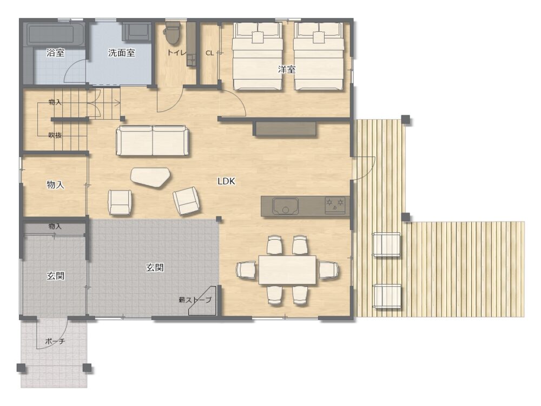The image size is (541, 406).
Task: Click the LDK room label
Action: (226, 181)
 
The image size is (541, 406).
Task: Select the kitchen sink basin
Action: (285, 206)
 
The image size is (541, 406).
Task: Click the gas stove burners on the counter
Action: (335, 205)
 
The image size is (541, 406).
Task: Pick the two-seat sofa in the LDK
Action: (153, 141)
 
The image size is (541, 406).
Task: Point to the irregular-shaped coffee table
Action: (150, 178)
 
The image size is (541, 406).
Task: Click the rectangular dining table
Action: (287, 270)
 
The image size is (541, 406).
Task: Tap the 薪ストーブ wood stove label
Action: (195, 300)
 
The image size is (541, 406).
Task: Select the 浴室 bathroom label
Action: (56, 53)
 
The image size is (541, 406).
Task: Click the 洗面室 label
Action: (121, 53)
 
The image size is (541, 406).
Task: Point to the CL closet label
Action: (210, 53)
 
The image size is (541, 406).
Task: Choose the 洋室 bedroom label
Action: (287, 69)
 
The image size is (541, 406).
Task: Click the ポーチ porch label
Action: (55, 341)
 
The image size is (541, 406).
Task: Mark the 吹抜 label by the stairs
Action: (55, 135)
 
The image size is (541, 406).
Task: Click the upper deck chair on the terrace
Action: (386, 245)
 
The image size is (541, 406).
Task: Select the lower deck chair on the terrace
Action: (387, 297)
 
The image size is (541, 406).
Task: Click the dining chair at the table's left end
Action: (246, 269)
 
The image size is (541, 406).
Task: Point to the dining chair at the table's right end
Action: (328, 270)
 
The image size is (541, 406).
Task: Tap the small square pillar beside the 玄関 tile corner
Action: (219, 219)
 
